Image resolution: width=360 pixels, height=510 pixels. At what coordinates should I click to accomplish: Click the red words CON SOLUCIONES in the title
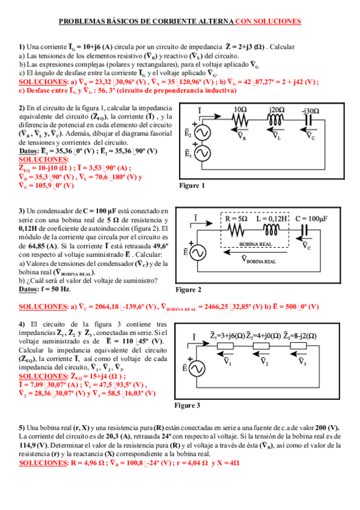[268, 21]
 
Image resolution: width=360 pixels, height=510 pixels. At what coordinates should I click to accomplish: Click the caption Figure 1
[192, 186]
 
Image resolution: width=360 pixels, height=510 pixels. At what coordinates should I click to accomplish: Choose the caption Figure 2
[189, 290]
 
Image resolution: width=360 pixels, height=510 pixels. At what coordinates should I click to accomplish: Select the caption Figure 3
[187, 405]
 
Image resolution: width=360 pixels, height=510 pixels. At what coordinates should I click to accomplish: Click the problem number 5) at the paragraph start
[22, 426]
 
